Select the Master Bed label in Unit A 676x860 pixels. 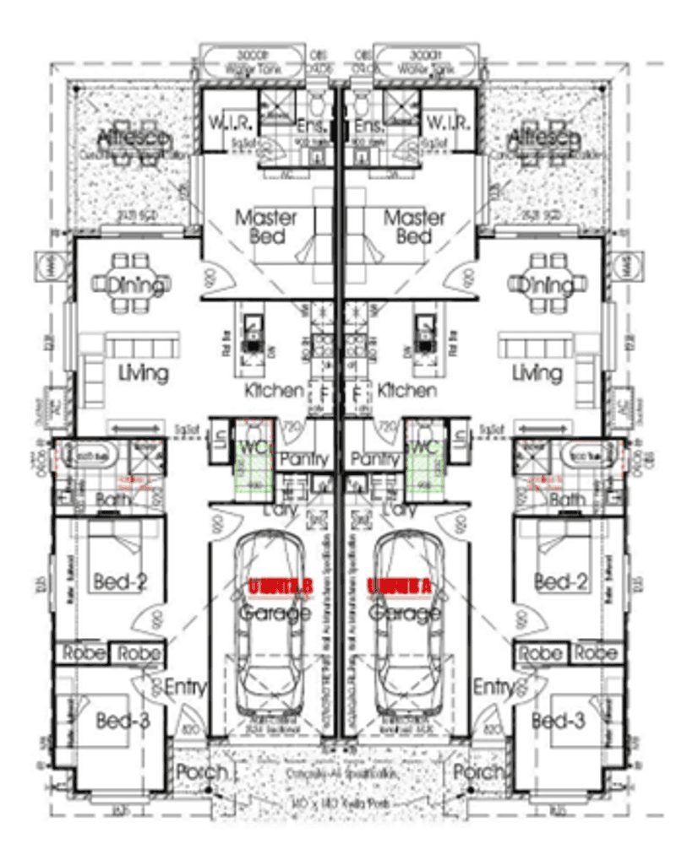413,226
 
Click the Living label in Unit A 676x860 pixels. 537,371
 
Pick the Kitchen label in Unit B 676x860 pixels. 274,390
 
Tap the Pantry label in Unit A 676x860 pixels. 375,459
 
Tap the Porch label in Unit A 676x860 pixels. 479,771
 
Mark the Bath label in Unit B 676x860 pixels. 112,500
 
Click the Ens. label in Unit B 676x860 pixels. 313,127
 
